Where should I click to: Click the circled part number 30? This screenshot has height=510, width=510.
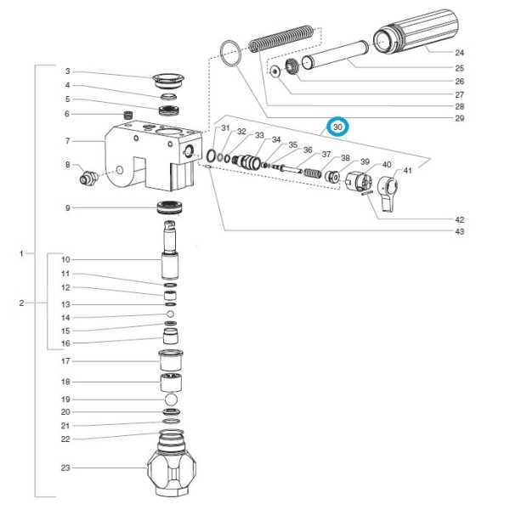(x=338, y=127)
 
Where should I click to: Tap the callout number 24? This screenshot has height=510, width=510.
(x=460, y=52)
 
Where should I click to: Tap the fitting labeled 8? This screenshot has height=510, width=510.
(x=86, y=178)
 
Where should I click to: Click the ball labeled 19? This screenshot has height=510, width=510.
(x=171, y=399)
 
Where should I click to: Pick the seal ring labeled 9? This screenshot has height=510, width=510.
(x=172, y=207)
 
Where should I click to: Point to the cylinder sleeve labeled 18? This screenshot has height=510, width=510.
(x=171, y=382)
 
